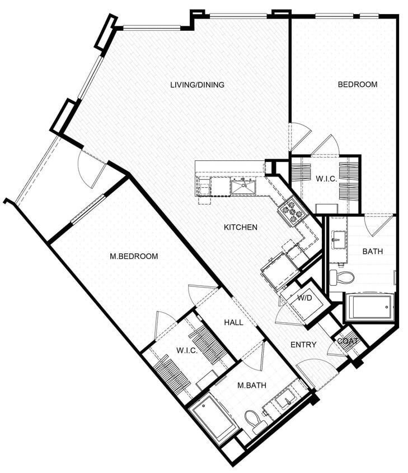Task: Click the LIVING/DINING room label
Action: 197,85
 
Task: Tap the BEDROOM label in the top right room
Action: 357,85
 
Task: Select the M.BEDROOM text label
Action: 134,256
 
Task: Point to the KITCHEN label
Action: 241,227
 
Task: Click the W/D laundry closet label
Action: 304,298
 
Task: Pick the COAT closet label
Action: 347,340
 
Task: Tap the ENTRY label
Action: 303,345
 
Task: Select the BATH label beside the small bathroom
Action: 372,252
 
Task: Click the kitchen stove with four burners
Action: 292,212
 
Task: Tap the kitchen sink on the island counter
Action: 243,187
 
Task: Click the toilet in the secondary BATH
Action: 343,276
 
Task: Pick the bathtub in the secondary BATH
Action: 370,307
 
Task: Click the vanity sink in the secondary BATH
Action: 338,242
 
